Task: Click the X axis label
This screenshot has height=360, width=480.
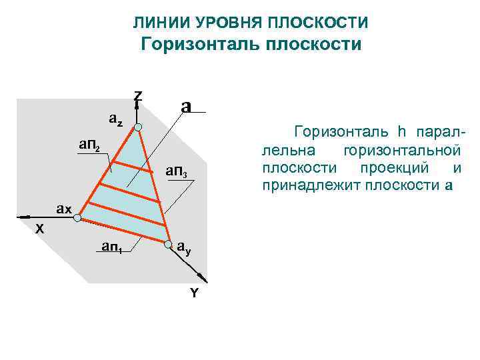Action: pos(40,229)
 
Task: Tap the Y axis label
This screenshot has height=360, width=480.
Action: pos(194,293)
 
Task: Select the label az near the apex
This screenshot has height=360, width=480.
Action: pos(116,121)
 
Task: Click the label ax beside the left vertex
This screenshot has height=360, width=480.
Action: pos(64,209)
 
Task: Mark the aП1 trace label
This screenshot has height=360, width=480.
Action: pos(111,247)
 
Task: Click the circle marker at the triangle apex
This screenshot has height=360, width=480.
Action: pos(137,127)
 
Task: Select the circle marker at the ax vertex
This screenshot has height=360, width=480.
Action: pos(77,218)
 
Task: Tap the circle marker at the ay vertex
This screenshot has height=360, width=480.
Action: pos(167,243)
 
